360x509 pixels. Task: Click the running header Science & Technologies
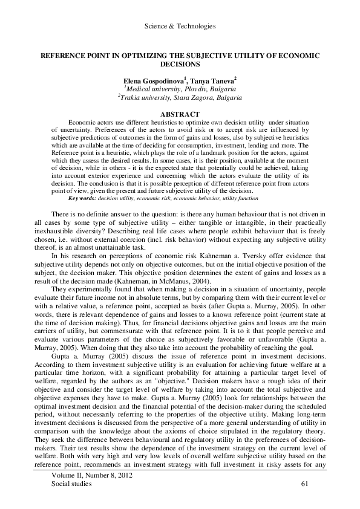(x=181, y=26)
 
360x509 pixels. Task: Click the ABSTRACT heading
(x=180, y=114)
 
